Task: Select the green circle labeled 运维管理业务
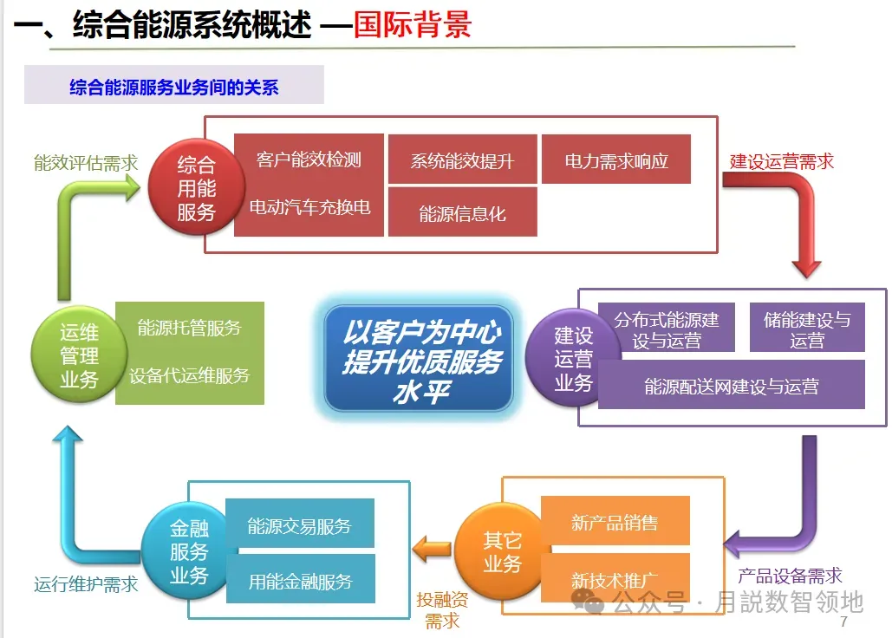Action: coord(78,355)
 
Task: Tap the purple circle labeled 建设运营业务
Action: coord(573,358)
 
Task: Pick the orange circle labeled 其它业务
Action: coord(502,552)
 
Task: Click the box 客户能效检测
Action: coord(309,159)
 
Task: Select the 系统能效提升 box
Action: coord(462,160)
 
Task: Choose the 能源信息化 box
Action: coord(462,212)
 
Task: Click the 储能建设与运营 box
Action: coord(806,329)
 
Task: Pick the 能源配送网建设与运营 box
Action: coord(731,386)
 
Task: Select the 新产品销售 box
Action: coord(615,522)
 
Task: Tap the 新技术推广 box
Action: coord(615,578)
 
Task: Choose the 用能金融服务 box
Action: coord(300,580)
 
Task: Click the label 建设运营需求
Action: coord(781,161)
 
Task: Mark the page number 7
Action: coord(843,623)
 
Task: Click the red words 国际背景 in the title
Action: coord(412,25)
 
